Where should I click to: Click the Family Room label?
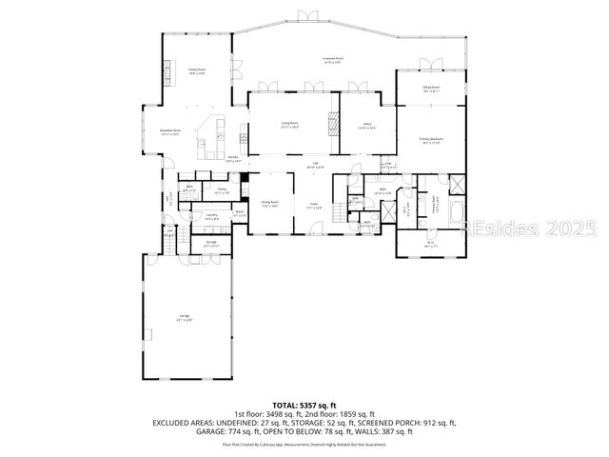click(197, 71)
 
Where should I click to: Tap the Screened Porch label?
click(333, 60)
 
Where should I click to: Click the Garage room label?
click(184, 319)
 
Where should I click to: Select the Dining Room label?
click(269, 204)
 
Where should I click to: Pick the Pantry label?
click(221, 191)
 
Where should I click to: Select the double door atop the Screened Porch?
click(305, 15)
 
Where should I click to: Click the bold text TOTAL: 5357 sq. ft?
click(304, 405)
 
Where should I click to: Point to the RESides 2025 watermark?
click(529, 228)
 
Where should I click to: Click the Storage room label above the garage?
click(210, 245)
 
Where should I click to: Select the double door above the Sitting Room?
click(431, 64)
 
